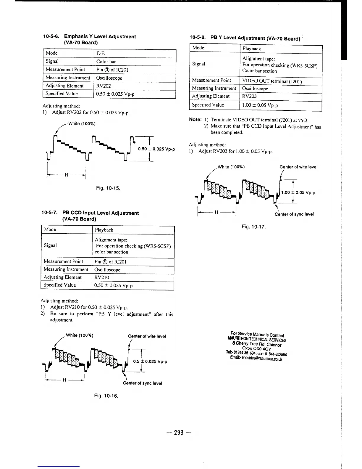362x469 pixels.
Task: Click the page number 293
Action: (179, 433)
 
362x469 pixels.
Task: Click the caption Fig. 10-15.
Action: (108, 188)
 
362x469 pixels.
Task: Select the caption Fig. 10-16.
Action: (106, 396)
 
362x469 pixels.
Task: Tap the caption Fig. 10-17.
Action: (254, 227)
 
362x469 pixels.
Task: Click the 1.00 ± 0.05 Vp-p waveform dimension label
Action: (298, 192)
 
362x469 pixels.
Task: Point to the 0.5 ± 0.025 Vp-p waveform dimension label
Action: (150, 362)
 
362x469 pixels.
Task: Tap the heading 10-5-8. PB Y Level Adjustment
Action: (245, 38)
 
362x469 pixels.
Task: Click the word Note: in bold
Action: (195, 120)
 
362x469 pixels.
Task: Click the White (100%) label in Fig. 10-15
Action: (82, 123)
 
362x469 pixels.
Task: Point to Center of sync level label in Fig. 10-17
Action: (294, 214)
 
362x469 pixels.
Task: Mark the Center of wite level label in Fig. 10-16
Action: (147, 336)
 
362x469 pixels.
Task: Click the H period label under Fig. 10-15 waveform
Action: (66, 175)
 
